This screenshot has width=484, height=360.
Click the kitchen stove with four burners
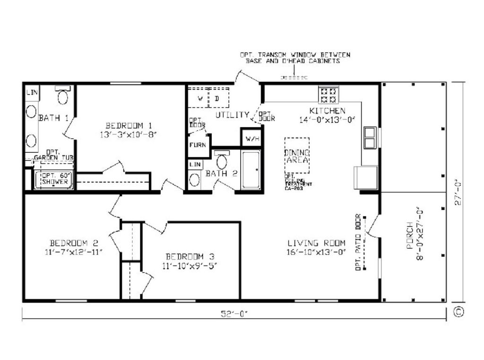click(x=328, y=94)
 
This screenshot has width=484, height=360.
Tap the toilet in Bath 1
click(x=63, y=96)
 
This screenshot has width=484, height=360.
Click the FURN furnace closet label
click(x=198, y=145)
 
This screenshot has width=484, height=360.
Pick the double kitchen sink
click(x=369, y=137)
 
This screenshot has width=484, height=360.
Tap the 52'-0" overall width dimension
click(x=234, y=313)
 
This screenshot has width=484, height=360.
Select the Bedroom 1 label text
click(x=129, y=125)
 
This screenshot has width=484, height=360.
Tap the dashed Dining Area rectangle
click(x=297, y=156)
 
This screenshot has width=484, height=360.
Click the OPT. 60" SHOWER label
click(x=55, y=179)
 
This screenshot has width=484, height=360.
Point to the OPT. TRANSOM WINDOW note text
click(x=295, y=58)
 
